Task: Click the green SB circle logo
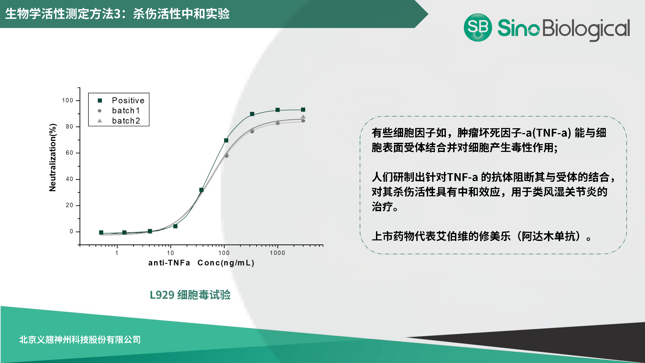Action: pyautogui.click(x=478, y=27)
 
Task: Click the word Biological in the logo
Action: pyautogui.click(x=586, y=29)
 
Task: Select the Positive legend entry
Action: pyautogui.click(x=128, y=101)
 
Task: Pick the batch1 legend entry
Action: pyautogui.click(x=126, y=111)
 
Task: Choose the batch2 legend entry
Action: pyautogui.click(x=126, y=121)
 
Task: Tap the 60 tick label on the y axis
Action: pyautogui.click(x=69, y=153)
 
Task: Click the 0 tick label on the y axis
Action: pyautogui.click(x=71, y=232)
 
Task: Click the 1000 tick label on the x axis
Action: pyautogui.click(x=277, y=253)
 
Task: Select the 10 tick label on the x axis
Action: pyautogui.click(x=170, y=253)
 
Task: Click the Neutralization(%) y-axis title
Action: pyautogui.click(x=53, y=158)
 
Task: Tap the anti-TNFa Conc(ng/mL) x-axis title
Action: pyautogui.click(x=201, y=263)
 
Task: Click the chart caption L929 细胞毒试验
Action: pyautogui.click(x=190, y=295)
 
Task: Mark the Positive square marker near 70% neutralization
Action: pyautogui.click(x=226, y=140)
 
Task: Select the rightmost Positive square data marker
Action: pyautogui.click(x=303, y=110)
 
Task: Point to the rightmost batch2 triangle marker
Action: pyautogui.click(x=303, y=117)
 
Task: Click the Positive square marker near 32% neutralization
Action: pyautogui.click(x=201, y=190)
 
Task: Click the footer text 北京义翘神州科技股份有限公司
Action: pyautogui.click(x=80, y=340)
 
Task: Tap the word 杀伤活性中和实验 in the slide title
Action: pyautogui.click(x=181, y=14)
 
